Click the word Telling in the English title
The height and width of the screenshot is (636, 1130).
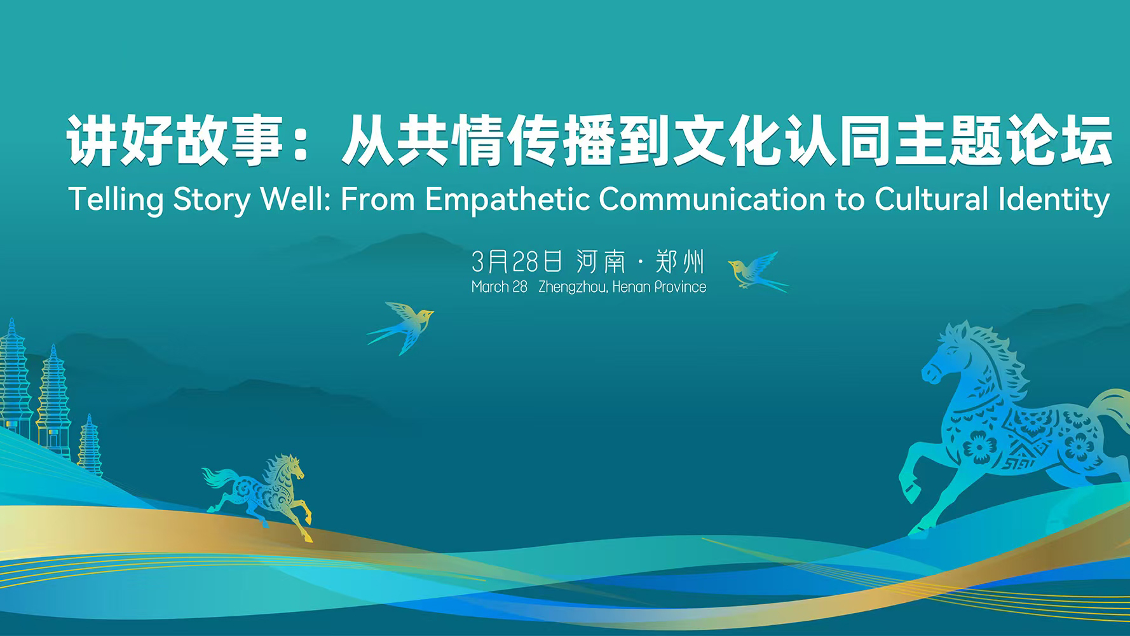(x=116, y=200)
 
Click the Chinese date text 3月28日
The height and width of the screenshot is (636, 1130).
(x=517, y=261)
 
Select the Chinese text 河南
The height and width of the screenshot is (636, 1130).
(x=601, y=261)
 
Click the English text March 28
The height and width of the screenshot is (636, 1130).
(x=500, y=287)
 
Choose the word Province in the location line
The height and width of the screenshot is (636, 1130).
(x=681, y=287)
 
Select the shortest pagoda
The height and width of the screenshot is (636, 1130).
(x=90, y=445)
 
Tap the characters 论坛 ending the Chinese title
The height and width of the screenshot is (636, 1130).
(x=1059, y=140)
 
